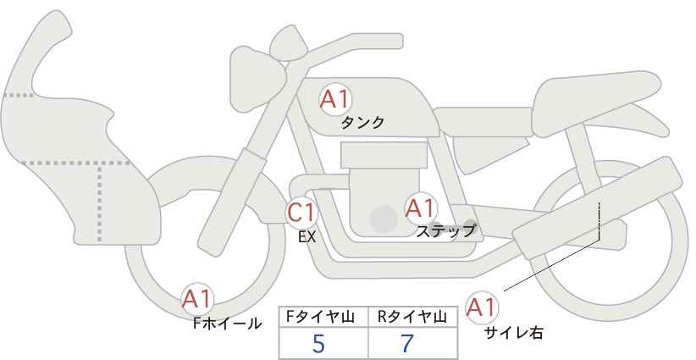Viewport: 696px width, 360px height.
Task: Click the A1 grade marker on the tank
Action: [335, 99]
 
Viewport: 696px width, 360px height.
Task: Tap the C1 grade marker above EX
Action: [301, 213]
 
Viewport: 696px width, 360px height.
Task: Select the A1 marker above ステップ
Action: [420, 208]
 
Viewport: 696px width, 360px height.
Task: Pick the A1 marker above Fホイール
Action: [197, 299]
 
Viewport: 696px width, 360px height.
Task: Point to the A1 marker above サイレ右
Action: [482, 307]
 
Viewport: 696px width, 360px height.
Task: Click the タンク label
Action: [362, 123]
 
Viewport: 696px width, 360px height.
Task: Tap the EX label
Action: [307, 237]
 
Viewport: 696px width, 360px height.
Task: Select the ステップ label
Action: [445, 231]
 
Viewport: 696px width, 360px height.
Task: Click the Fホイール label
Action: [227, 324]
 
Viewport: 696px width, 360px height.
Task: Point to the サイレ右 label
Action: [514, 332]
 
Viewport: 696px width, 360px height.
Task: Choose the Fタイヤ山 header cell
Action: [323, 318]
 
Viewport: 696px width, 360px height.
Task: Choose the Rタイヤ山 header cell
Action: [413, 318]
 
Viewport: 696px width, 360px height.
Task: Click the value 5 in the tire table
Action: [318, 343]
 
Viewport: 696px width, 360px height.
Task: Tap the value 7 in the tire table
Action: [407, 343]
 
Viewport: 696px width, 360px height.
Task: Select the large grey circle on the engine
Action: [384, 219]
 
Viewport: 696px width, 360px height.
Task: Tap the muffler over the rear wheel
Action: [598, 208]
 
